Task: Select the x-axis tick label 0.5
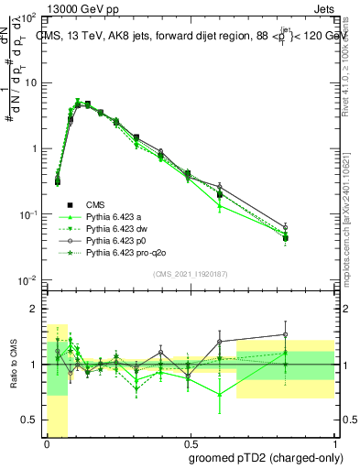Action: [x=190, y=442]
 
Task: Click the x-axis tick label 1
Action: [x=334, y=442]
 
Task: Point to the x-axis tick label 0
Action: [x=46, y=442]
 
